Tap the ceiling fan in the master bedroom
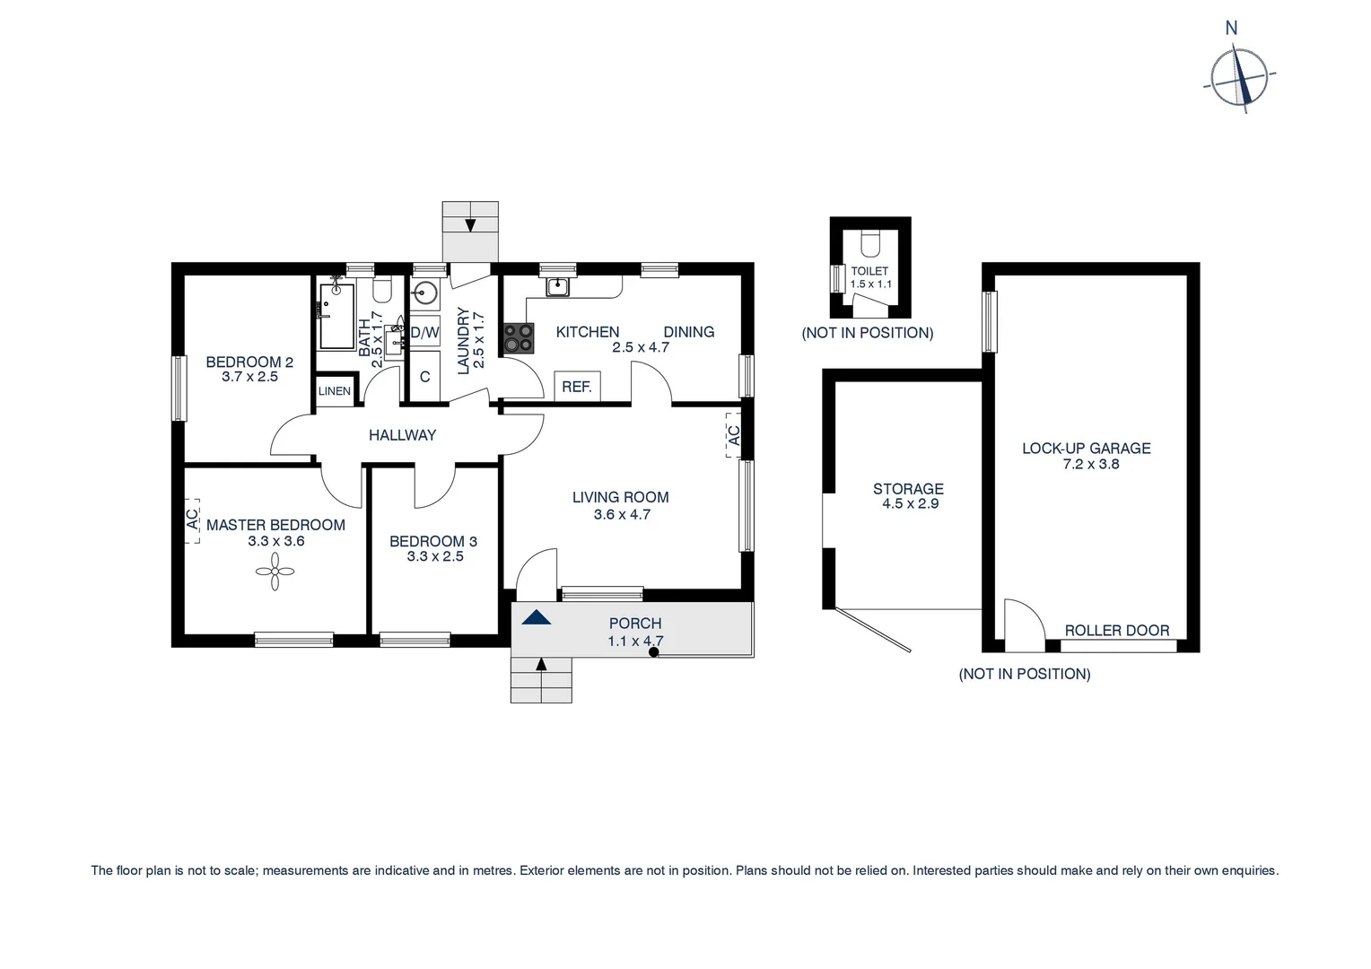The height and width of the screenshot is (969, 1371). [275, 571]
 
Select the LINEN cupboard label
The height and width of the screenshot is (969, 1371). [335, 391]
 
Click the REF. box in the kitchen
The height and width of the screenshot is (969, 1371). [577, 387]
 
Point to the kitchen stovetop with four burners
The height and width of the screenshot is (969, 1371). [518, 339]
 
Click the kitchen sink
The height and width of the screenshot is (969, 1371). [558, 286]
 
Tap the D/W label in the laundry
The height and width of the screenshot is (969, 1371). [424, 333]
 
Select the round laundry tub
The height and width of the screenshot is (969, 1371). [425, 292]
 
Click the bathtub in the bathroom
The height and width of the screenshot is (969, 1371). [336, 317]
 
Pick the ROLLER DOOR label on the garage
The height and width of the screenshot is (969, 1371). [1116, 631]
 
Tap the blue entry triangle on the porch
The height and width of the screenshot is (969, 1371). [536, 617]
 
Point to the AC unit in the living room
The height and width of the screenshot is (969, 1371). [733, 435]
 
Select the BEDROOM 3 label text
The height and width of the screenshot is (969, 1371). [433, 541]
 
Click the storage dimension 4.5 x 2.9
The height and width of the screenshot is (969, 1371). [910, 504]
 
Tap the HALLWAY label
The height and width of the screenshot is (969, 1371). [402, 435]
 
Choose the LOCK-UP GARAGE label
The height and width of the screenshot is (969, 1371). [1086, 448]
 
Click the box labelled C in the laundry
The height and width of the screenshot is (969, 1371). [424, 377]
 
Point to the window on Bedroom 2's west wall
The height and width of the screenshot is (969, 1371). [179, 388]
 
